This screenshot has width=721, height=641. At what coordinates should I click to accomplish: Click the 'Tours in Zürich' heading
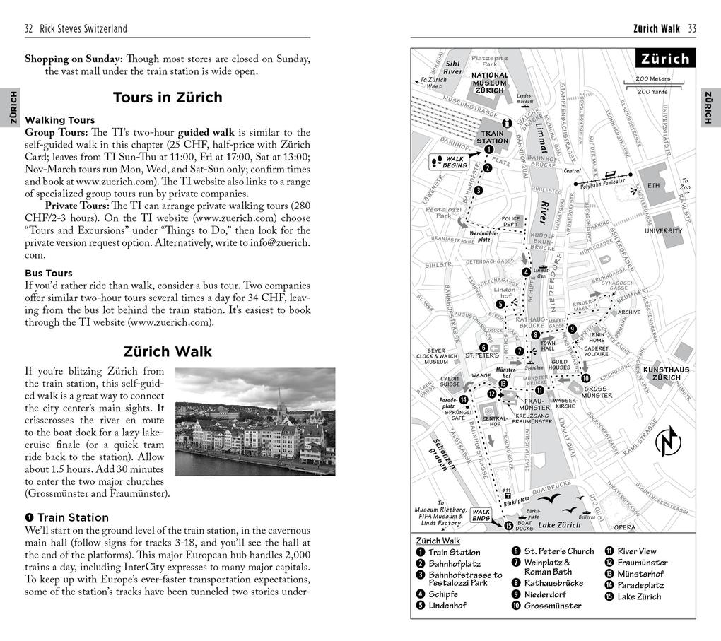[x=168, y=98]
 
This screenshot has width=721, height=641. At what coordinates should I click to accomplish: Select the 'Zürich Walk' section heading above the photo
[x=168, y=351]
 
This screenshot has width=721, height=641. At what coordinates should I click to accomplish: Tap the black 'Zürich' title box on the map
[x=664, y=59]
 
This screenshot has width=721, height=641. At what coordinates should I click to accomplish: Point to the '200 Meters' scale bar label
[x=652, y=79]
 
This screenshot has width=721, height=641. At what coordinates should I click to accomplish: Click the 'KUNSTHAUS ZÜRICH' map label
[x=665, y=373]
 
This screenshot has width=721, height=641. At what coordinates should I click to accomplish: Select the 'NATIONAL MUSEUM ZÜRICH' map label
[x=489, y=83]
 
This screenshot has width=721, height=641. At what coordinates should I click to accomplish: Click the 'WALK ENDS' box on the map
[x=481, y=515]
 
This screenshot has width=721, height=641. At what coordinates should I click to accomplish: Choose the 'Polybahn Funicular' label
[x=604, y=186]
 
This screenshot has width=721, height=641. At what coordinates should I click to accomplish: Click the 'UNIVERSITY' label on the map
[x=662, y=231]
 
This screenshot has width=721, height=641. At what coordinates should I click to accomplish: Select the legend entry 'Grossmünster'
[x=552, y=606]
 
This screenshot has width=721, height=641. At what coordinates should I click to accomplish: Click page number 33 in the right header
[x=691, y=28]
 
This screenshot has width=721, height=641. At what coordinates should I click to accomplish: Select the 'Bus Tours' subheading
[x=49, y=273]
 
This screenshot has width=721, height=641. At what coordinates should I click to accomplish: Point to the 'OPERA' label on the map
[x=623, y=527]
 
